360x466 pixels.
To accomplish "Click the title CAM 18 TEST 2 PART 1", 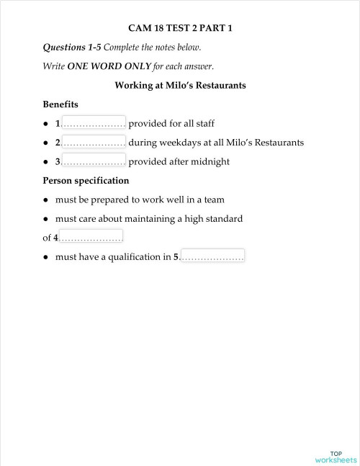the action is tap(180, 29).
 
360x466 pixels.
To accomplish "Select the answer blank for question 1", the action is tap(94, 123).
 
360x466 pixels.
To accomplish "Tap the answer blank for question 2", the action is tap(94, 142).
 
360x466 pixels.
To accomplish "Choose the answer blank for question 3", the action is tap(94, 161).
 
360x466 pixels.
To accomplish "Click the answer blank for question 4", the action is tap(91, 237).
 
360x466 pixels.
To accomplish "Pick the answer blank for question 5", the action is tap(212, 256).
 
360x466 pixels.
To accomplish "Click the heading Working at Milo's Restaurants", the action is tap(180, 85).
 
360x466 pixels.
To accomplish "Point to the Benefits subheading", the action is tap(60, 104).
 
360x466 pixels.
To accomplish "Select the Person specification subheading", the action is tap(86, 180).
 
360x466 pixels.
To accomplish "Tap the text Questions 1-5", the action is tap(73, 48).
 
